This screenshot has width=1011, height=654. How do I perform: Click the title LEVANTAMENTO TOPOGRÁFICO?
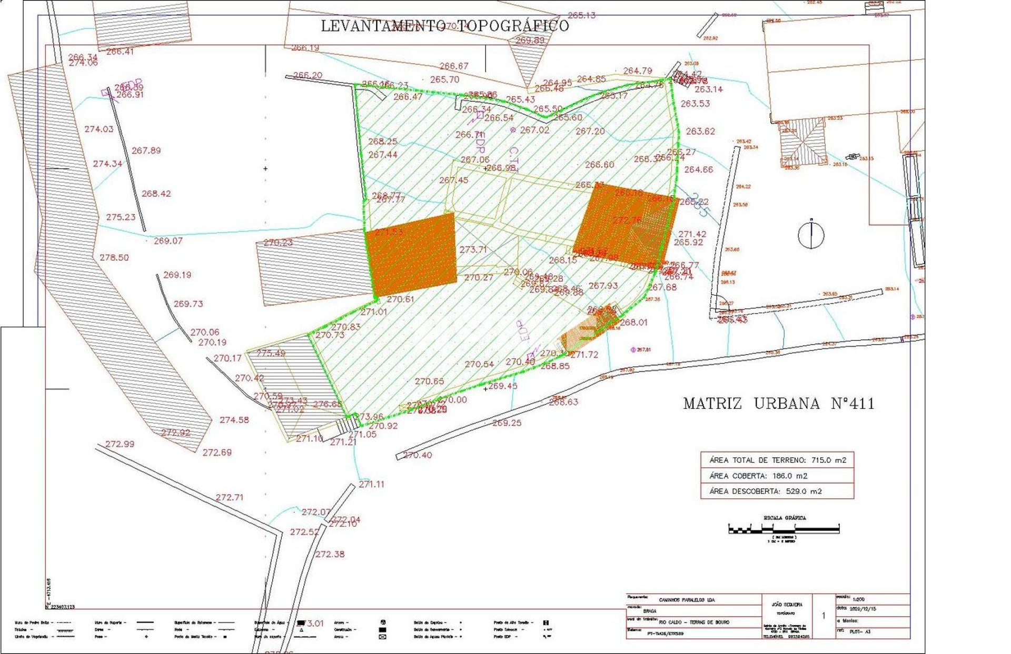445,26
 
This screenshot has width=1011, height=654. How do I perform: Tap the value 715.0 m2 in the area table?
829,460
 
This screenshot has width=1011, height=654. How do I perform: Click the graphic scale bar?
784,529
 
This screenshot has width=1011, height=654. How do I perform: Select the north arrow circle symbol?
811,235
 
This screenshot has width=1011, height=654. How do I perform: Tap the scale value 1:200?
858,599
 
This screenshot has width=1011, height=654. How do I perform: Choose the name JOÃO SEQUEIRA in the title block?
788,605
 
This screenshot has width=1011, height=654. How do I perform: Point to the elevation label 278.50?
114,258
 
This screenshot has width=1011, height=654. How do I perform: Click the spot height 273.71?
473,250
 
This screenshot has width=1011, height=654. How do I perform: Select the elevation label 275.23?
121,217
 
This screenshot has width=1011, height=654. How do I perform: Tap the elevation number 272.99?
120,444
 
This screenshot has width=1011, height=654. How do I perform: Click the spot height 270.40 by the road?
418,455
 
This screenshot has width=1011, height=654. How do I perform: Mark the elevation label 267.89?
146,151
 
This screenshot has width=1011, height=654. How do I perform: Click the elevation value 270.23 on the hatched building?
278,243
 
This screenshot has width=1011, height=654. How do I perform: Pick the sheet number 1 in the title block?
824,616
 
